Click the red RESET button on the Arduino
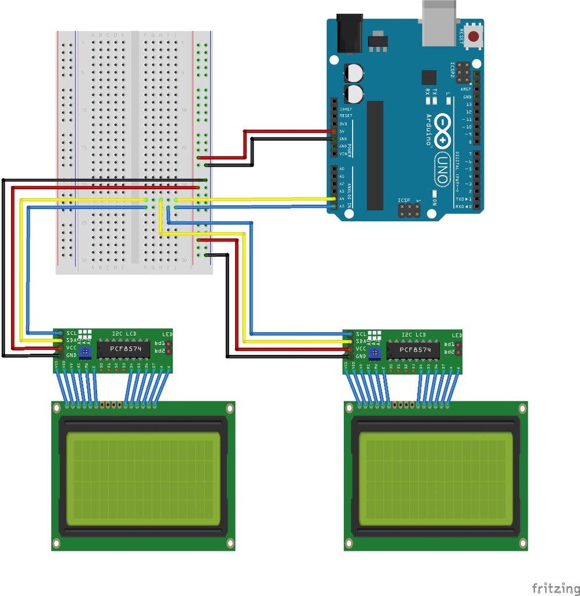tap(474, 36)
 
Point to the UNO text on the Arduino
tap(443, 169)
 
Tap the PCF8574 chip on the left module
tap(123, 349)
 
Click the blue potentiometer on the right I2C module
tap(375, 353)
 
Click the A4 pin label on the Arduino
tap(341, 198)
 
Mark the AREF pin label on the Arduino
tap(466, 89)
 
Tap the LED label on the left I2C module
tap(168, 334)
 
